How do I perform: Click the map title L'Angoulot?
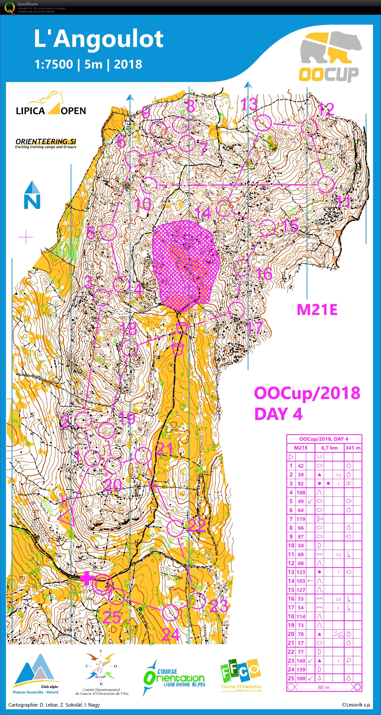click(98, 39)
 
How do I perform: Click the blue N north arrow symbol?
click(32, 195)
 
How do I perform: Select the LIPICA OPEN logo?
click(51, 105)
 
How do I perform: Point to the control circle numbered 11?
click(326, 184)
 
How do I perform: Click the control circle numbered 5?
click(108, 232)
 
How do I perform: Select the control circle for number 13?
click(263, 123)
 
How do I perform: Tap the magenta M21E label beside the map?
click(317, 310)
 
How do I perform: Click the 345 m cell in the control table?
click(353, 448)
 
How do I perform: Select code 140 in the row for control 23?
click(301, 661)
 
